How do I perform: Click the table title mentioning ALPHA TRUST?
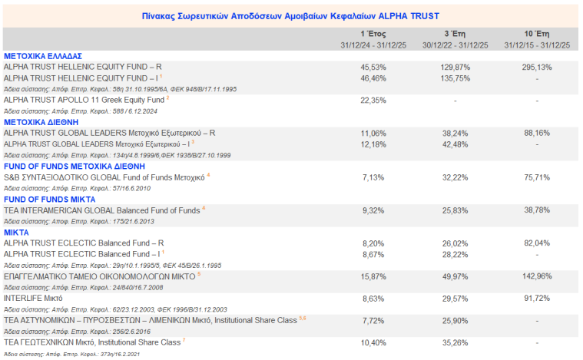pyautogui.click(x=291, y=15)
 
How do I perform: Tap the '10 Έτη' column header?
pyautogui.click(x=536, y=35)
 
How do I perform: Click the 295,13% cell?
pyautogui.click(x=536, y=68)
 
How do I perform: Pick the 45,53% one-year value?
pyautogui.click(x=373, y=68)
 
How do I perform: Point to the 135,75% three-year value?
pyautogui.click(x=455, y=78)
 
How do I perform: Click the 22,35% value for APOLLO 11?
pyautogui.click(x=373, y=101)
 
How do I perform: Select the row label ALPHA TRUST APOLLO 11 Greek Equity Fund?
pyautogui.click(x=84, y=101)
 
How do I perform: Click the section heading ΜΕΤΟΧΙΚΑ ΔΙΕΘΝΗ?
pyautogui.click(x=41, y=121)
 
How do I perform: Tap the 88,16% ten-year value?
pyautogui.click(x=536, y=133)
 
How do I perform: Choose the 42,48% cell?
pyautogui.click(x=455, y=144)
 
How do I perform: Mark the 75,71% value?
pyautogui.click(x=536, y=177)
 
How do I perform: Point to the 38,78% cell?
pyautogui.click(x=536, y=210)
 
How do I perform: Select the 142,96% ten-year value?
pyautogui.click(x=536, y=276)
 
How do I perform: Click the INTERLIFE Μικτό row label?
pyautogui.click(x=33, y=298)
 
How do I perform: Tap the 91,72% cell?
pyautogui.click(x=536, y=298)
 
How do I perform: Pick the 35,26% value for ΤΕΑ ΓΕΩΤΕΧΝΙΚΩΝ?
pyautogui.click(x=455, y=342)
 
